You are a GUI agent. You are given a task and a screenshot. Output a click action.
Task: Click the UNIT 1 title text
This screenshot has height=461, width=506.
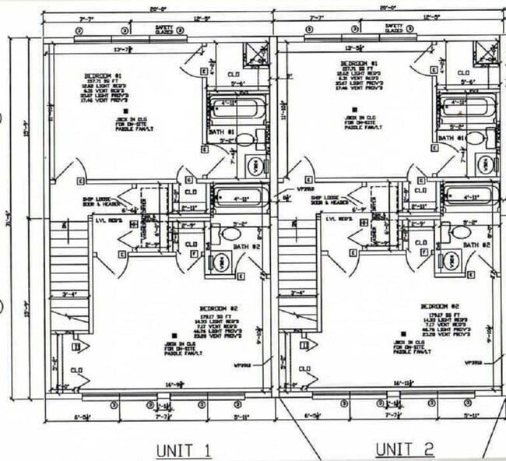(183, 449)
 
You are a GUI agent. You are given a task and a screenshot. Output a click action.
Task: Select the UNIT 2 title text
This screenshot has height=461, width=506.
(405, 449)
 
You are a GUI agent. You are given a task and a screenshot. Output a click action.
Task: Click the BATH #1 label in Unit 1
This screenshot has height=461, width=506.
(222, 132)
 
